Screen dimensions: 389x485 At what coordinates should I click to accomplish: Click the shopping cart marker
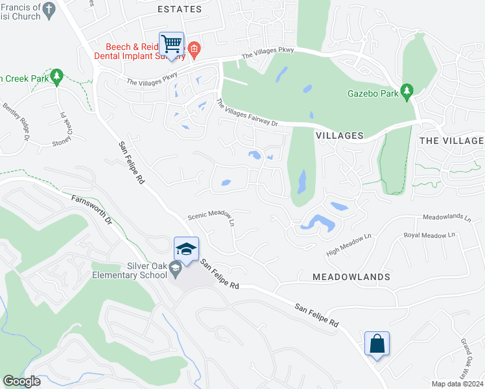(x=172, y=45)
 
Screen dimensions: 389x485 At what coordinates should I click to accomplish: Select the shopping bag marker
(x=377, y=344)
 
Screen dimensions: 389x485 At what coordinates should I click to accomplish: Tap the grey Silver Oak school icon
(x=175, y=268)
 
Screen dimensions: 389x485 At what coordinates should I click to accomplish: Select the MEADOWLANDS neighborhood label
(x=351, y=277)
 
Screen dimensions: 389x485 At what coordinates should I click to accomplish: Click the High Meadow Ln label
(x=351, y=244)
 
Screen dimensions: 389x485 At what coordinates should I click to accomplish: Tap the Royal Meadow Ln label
(x=429, y=235)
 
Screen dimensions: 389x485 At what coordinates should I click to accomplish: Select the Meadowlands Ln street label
(x=447, y=218)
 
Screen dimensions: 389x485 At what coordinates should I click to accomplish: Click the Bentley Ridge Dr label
(x=17, y=121)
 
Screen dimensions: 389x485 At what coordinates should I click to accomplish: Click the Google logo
(x=22, y=381)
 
